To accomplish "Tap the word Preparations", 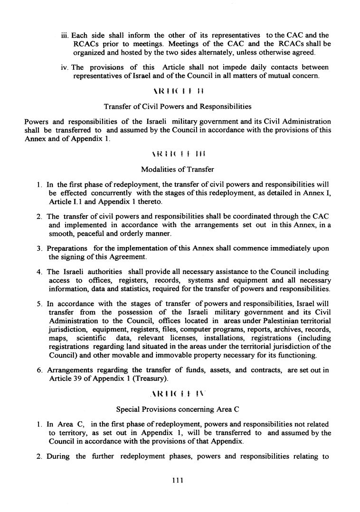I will pos(67,248).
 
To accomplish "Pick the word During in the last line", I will pos(59,456).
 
